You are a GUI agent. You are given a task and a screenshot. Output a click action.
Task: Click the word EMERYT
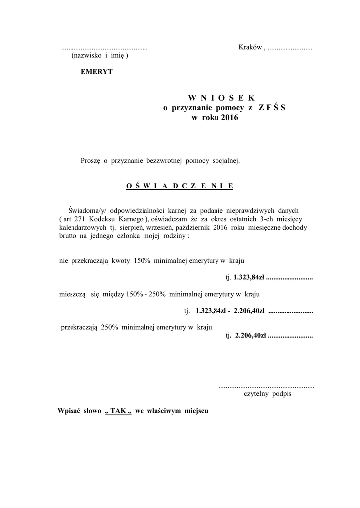pos(97,72)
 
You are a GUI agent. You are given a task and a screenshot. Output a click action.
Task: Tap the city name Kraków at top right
pos(250,47)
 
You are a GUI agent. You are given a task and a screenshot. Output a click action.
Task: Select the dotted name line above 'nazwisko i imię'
pos(104,49)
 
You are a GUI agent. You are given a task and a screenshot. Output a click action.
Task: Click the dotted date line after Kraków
pos(290,49)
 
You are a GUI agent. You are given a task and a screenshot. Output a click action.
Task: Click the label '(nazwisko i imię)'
pos(100,56)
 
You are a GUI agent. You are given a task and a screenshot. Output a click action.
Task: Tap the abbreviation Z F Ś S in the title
pos(272,108)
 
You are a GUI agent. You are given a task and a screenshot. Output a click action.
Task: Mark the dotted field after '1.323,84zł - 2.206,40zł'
pos(290,312)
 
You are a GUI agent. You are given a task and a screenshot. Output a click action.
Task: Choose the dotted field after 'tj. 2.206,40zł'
pos(290,336)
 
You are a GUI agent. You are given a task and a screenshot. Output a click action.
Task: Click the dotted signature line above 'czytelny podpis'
pos(267,386)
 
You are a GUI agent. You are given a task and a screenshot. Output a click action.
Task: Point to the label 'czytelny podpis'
pos(268,394)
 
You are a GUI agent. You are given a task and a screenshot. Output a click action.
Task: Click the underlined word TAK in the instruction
pos(118,411)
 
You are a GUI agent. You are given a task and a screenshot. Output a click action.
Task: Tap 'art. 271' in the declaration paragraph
pos(75,219)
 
